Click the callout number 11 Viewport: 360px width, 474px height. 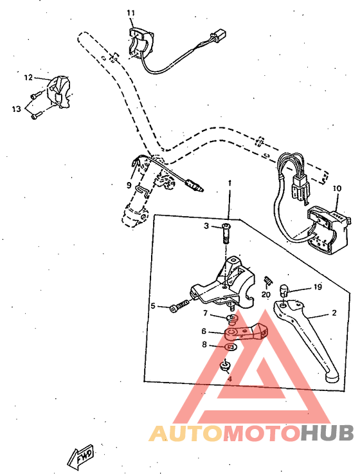(131, 13)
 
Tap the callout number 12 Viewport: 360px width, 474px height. (28, 77)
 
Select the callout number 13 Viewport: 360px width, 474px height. (16, 109)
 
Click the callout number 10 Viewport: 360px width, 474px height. (336, 188)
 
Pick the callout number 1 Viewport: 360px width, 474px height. (228, 183)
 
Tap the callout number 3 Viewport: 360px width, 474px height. (206, 226)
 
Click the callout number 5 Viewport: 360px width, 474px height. (153, 306)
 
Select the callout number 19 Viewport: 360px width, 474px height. (318, 287)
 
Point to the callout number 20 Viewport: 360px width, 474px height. (265, 294)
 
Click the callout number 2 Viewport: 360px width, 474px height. (334, 313)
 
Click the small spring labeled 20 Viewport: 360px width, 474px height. (268, 280)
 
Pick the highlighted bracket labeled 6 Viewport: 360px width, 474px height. (248, 331)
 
